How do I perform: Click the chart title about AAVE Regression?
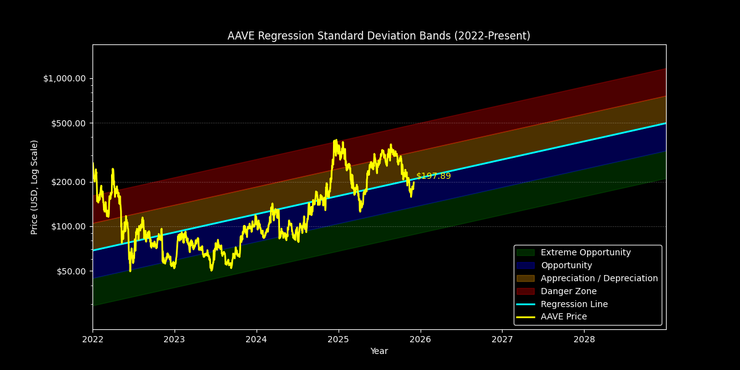coord(379,36)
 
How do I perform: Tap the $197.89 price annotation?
coord(434,176)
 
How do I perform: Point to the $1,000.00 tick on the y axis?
coord(64,78)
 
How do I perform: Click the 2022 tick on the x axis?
coord(92,339)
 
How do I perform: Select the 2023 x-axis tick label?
coord(175,339)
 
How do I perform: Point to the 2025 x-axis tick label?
coord(338,339)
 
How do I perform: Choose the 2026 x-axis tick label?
coord(420,339)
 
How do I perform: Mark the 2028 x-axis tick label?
coord(584,339)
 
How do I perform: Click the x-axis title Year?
coord(379,351)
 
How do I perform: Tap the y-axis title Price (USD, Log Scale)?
coord(35,187)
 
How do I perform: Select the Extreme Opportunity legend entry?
coord(585,253)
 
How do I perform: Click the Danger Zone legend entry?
coord(568,291)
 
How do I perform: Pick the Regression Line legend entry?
coord(573,304)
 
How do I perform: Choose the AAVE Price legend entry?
coord(564,317)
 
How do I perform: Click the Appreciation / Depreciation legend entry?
coord(599,278)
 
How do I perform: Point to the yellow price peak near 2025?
coord(336,141)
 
